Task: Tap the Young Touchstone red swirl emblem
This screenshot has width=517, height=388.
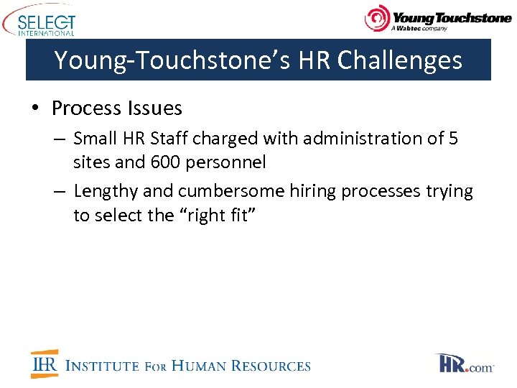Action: pos(377,19)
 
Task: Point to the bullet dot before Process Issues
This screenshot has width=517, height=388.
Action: pos(34,108)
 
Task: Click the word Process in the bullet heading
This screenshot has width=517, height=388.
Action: pos(86,108)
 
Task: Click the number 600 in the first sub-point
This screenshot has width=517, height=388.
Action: pos(166,162)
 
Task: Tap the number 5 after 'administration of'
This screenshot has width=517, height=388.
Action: pos(452,138)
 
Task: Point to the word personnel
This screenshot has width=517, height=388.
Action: pos(225,162)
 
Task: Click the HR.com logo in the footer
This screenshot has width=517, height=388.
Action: pos(465,364)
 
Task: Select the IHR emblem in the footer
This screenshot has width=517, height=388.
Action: pos(45,364)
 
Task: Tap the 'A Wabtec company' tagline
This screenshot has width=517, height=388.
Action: pos(419,29)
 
